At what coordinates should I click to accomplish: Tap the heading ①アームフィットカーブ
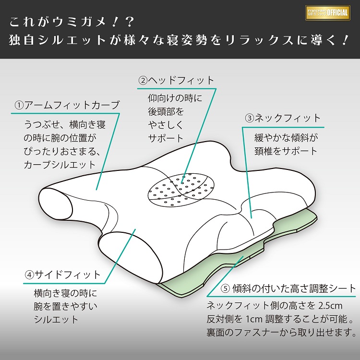67,105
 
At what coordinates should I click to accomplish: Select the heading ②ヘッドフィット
176,80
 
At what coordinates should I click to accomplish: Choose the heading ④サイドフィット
63,275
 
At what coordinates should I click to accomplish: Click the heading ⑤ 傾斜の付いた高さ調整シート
288,288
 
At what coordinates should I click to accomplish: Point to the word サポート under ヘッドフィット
166,138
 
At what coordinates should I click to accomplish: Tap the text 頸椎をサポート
286,151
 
